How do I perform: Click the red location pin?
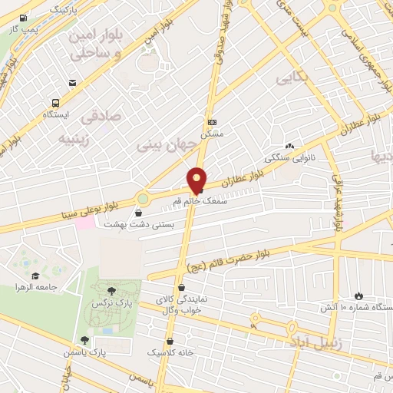coord(198,179)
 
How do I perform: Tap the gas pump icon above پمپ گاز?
coord(23,18)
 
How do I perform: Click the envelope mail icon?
coord(72,83)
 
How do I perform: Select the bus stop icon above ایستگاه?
coord(56,103)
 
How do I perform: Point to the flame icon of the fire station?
coord(359,296)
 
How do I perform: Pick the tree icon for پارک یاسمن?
coord(85,340)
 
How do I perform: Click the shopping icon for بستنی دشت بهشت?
coord(139,212)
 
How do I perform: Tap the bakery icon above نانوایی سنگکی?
coord(289,146)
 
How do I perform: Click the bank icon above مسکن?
coord(211,122)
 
